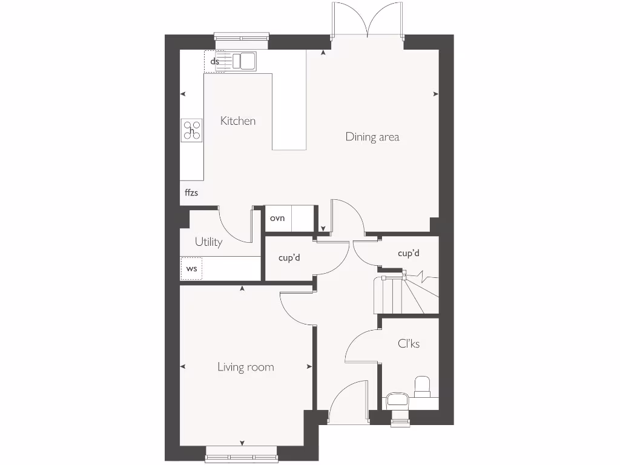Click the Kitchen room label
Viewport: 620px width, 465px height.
pos(237,121)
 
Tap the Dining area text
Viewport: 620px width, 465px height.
pos(372,137)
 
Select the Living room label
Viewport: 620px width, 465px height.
pos(245,367)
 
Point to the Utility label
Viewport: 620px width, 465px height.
pos(208,242)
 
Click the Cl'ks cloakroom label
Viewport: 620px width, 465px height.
pos(409,344)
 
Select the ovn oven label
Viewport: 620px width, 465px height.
pos(277,218)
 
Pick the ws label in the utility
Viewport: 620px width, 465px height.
pos(191,268)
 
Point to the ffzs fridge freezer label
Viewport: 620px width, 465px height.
pos(191,193)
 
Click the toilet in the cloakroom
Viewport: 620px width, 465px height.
pos(422,386)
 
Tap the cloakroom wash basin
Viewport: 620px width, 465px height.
pos(397,400)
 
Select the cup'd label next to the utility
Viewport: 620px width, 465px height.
pos(289,258)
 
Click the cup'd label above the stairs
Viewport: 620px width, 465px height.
pos(409,253)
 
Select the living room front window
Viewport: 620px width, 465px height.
pos(242,455)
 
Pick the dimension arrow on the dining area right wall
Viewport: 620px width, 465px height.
pos(435,94)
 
